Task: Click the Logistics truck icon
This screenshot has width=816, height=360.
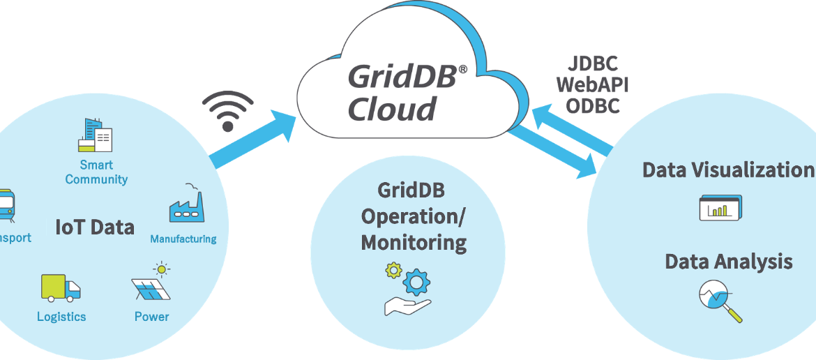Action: click(60, 287)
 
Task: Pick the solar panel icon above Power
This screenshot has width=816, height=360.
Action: click(152, 282)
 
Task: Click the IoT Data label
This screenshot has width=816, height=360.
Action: click(95, 227)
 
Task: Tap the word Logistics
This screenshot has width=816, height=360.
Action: click(61, 317)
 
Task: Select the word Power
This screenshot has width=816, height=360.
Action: click(151, 317)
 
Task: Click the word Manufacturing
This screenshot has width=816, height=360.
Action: click(183, 239)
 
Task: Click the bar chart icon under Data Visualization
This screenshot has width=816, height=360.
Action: click(720, 208)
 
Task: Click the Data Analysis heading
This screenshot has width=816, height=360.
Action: click(728, 262)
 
